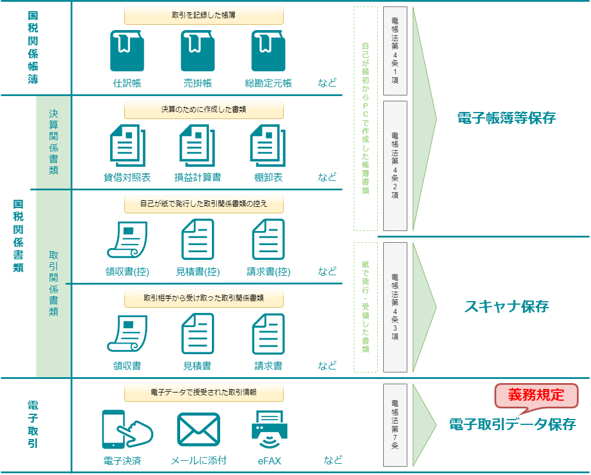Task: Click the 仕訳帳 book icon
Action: coord(127,51)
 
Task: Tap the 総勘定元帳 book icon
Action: coord(268,51)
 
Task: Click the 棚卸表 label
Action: coord(268,177)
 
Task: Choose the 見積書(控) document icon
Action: coord(198,239)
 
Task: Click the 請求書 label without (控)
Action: coord(268,366)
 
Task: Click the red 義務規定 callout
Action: coord(536,395)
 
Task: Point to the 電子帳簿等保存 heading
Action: coord(506,118)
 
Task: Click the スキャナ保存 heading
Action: coord(506,306)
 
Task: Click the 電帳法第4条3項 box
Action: coord(395,307)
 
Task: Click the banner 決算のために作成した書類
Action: coord(204,110)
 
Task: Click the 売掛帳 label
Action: coord(198,83)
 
